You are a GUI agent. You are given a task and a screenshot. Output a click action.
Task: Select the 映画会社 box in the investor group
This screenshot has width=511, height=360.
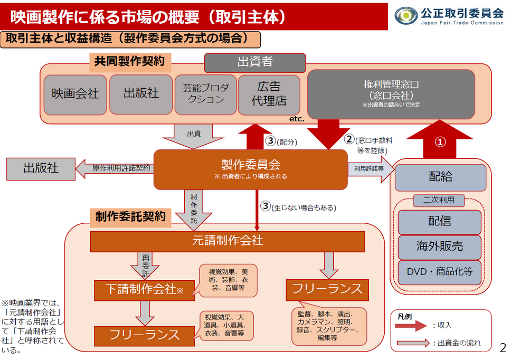75,94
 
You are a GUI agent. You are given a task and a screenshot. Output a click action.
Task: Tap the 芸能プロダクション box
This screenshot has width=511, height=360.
204,94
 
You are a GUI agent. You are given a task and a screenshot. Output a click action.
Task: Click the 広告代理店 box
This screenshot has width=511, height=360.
269,94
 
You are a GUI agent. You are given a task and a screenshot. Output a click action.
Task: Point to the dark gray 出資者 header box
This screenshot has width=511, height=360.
254,62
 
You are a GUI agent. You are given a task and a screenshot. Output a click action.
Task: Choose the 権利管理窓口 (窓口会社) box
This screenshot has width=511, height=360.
391,94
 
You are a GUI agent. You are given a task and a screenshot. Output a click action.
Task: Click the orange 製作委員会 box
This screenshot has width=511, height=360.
250,169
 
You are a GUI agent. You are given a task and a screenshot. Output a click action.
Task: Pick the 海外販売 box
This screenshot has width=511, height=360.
440,247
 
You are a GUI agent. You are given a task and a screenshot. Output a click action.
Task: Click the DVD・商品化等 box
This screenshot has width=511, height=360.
440,272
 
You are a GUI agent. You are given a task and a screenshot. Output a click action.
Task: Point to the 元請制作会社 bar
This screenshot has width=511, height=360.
228,241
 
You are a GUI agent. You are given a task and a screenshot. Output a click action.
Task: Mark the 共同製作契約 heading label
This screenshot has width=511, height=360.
129,62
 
